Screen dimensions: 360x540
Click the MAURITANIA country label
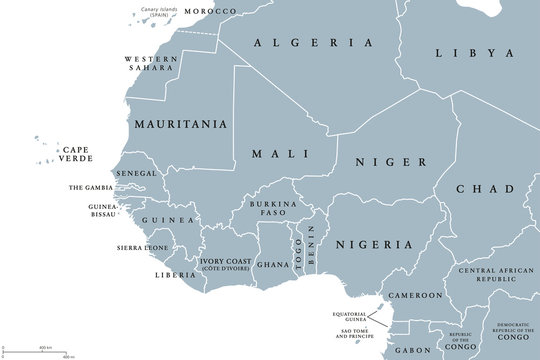coord(180,126)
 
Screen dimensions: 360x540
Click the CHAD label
coord(485,189)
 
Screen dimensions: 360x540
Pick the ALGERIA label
coord(313,43)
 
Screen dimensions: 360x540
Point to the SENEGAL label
coord(137,173)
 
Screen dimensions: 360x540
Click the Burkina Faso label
coord(267,208)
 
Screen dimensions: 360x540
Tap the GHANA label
coord(272,265)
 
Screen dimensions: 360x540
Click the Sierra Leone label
coord(143,245)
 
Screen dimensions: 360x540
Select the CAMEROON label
coord(415,296)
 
